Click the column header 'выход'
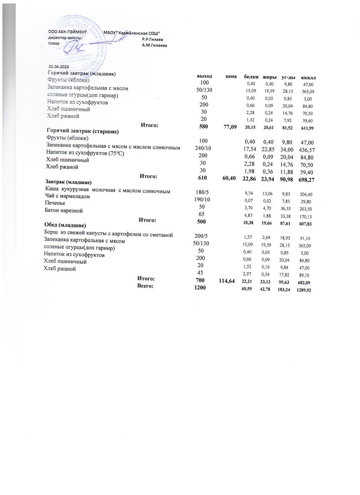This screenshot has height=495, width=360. (x=205, y=77)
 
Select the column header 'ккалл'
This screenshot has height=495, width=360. (x=308, y=77)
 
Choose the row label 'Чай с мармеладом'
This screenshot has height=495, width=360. (x=67, y=197)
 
